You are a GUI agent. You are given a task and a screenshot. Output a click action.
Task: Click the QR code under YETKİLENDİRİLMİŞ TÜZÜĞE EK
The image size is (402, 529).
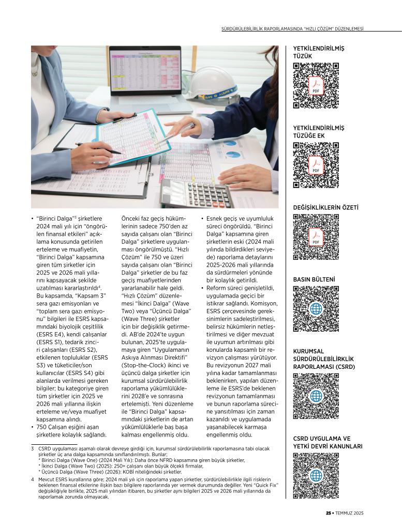[316, 165]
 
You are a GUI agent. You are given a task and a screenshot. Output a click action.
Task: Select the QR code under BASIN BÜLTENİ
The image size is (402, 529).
[316, 309]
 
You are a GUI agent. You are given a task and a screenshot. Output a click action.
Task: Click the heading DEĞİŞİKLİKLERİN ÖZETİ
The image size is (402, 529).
[325, 208]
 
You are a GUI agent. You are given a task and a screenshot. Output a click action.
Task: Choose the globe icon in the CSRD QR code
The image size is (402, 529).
[316, 396]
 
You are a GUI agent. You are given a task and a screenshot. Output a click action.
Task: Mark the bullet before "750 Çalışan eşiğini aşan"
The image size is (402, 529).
[33, 428]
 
